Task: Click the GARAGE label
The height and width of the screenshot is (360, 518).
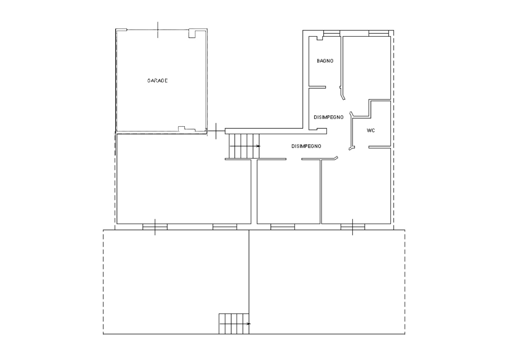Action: click(158, 80)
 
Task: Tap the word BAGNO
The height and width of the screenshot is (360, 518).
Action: click(325, 61)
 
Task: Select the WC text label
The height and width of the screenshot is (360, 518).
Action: click(371, 130)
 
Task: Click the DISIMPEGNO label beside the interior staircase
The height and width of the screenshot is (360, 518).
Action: click(306, 146)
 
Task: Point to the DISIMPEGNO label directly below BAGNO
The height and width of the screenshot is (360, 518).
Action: click(328, 117)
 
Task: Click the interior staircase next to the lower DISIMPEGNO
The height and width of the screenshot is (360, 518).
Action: click(244, 146)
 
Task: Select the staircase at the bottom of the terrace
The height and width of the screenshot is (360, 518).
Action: click(234, 324)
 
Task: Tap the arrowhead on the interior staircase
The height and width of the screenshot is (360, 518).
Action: click(258, 146)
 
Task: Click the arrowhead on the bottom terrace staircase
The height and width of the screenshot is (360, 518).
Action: click(248, 324)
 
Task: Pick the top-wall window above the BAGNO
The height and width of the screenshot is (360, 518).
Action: click(332, 33)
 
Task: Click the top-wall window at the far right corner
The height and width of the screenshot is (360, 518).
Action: click(379, 33)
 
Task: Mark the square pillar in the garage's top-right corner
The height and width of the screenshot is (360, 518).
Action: click(192, 33)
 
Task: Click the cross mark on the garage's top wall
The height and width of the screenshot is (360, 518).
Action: click(158, 30)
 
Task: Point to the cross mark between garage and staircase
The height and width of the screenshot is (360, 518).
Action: click(216, 131)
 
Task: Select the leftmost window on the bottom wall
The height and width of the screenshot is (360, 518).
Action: click(155, 227)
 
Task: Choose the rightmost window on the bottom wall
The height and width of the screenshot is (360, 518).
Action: click(352, 227)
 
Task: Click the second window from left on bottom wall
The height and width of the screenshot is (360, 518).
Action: click(225, 227)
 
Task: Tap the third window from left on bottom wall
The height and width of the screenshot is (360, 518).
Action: click(283, 227)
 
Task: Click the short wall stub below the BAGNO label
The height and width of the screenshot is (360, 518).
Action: click(317, 87)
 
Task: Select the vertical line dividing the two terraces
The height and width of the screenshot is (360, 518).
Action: click(249, 282)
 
